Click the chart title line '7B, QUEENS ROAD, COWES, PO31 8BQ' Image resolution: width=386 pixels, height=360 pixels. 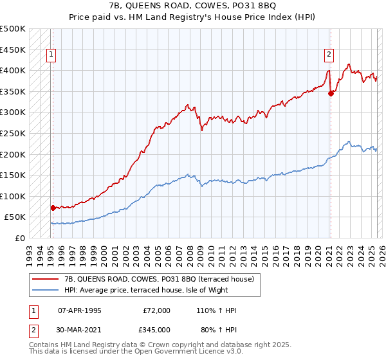(193, 6)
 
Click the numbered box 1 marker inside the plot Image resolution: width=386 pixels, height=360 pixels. (51, 55)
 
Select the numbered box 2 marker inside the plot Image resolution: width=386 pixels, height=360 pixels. (329, 55)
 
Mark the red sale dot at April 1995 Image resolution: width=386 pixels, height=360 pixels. (53, 208)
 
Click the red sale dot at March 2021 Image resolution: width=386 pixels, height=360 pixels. (331, 93)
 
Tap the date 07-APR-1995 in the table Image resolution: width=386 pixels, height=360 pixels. (80, 310)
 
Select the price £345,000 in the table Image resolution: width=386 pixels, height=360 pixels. (157, 330)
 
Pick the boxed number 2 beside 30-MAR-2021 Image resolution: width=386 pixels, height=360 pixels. (33, 330)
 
